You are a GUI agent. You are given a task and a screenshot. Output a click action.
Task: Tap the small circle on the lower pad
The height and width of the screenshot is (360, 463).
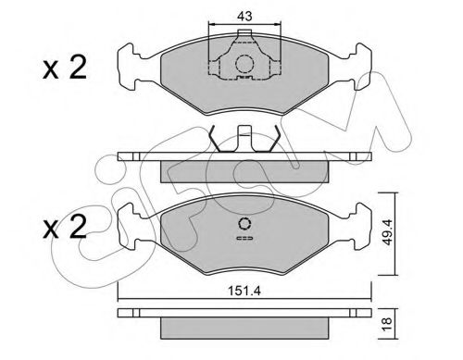(244, 223)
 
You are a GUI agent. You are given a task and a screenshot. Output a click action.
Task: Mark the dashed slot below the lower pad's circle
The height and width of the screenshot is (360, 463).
(244, 239)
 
